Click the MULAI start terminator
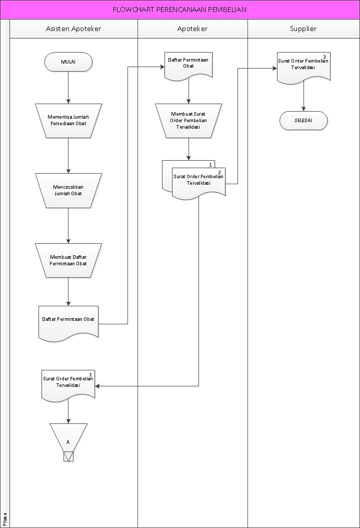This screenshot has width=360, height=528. coord(68,62)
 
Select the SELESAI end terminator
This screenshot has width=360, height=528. coord(303,121)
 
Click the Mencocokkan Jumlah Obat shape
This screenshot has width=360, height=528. coord(68,190)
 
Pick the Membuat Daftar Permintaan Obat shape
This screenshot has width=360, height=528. coord(68,260)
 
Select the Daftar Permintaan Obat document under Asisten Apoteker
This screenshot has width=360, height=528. coord(68,321)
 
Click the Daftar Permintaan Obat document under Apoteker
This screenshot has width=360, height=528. coord(188,65)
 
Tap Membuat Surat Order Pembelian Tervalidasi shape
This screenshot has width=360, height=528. coord(188,121)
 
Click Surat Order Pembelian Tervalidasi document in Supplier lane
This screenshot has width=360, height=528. coord(303,67)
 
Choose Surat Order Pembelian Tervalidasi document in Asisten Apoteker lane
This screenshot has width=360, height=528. coord(68,383)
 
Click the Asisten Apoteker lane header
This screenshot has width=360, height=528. coord(73,29)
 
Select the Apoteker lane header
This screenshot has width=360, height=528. coord(192,29)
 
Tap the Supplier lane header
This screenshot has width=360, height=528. coord(303,29)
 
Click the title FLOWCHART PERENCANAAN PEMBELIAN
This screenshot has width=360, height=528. coord(179,10)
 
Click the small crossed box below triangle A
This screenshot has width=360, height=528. coord(68,456)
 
